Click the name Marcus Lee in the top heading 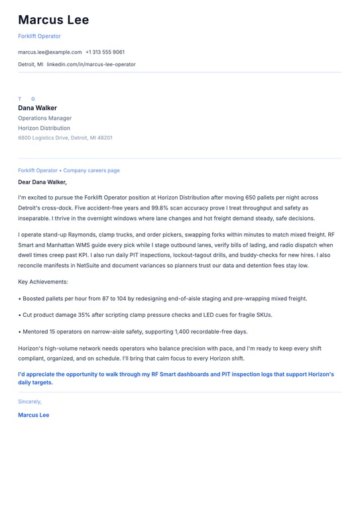pyautogui.click(x=53, y=20)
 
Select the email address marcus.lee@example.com pyautogui.click(x=50, y=52)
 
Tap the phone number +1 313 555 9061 pyautogui.click(x=105, y=52)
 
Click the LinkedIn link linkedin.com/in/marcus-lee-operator pyautogui.click(x=91, y=64)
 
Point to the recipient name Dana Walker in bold pyautogui.click(x=37, y=108)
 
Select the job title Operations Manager pyautogui.click(x=44, y=118)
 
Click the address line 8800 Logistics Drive pyautogui.click(x=65, y=138)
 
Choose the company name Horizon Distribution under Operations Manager pyautogui.click(x=44, y=128)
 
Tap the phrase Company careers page pyautogui.click(x=91, y=170)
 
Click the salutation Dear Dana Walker pyautogui.click(x=42, y=182)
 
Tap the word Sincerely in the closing pyautogui.click(x=29, y=402)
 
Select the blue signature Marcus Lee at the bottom pyautogui.click(x=33, y=415)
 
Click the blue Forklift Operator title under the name pyautogui.click(x=39, y=36)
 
